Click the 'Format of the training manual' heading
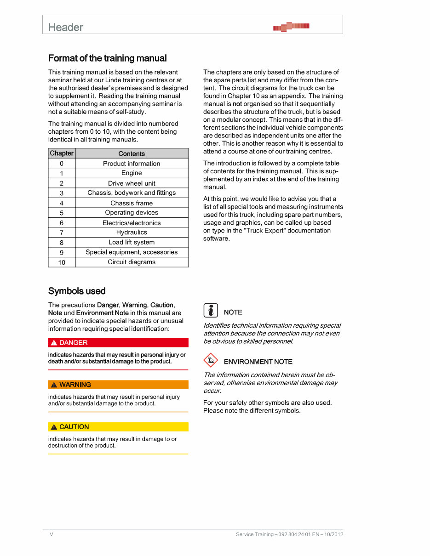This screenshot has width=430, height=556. click(107, 58)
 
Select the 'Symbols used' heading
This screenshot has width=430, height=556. click(77, 291)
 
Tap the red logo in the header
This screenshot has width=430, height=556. click(291, 27)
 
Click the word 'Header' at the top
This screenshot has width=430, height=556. click(66, 28)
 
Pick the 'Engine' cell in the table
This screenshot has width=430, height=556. click(132, 173)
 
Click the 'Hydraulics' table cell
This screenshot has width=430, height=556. click(132, 233)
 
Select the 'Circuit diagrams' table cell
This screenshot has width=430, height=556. click(132, 262)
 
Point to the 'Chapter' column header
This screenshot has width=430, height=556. click(62, 153)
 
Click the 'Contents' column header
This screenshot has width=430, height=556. click(132, 154)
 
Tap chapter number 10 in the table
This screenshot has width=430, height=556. click(62, 263)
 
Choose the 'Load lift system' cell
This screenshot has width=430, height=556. click(132, 243)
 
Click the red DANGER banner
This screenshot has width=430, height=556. click(118, 343)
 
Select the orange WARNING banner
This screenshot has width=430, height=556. click(118, 385)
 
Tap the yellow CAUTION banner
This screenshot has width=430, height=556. click(118, 427)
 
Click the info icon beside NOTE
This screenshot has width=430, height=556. click(211, 311)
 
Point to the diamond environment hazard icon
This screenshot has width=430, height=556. click(211, 360)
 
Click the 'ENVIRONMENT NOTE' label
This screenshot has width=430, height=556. click(258, 362)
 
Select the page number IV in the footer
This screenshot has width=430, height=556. click(51, 534)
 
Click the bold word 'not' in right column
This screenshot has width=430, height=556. click(237, 104)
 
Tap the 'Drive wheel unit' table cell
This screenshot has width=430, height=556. click(132, 183)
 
